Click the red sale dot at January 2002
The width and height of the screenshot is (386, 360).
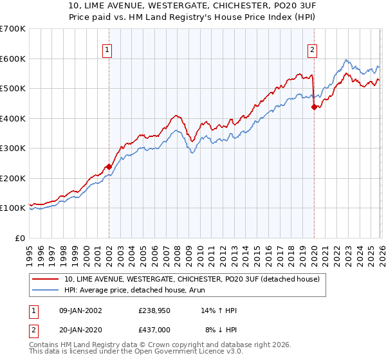tap(109, 166)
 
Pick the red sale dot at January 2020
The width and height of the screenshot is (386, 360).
tap(314, 107)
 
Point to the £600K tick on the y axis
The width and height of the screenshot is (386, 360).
tap(13, 59)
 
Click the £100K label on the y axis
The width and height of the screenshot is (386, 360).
tap(13, 208)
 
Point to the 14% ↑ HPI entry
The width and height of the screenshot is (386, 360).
tap(219, 310)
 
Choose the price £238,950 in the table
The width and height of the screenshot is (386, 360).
tap(154, 310)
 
